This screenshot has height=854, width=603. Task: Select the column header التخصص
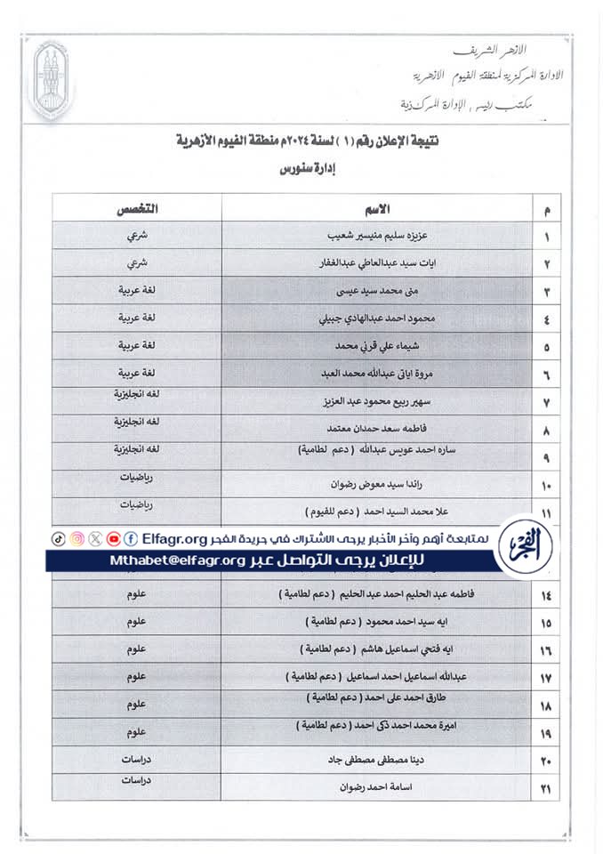[x=137, y=209]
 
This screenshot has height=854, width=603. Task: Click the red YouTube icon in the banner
[x=113, y=539]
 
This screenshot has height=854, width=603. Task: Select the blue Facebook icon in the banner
[x=131, y=539]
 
